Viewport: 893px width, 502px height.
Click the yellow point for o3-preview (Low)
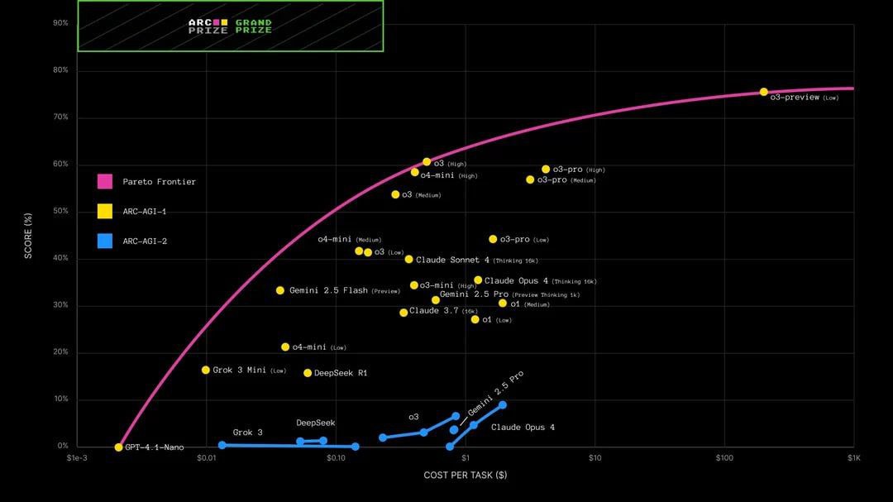pyautogui.click(x=763, y=92)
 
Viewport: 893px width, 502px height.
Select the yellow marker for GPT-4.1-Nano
pyautogui.click(x=118, y=447)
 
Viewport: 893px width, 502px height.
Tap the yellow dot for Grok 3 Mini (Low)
pyautogui.click(x=206, y=370)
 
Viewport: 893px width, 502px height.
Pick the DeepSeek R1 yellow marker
pyautogui.click(x=308, y=373)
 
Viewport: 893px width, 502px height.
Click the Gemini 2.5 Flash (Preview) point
pyautogui.click(x=280, y=290)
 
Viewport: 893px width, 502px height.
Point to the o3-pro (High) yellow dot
pyautogui.click(x=546, y=170)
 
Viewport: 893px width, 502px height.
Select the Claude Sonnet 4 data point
pyautogui.click(x=408, y=259)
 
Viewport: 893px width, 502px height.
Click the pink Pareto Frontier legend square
pyautogui.click(x=105, y=181)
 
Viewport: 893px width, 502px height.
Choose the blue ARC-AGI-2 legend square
pyautogui.click(x=105, y=241)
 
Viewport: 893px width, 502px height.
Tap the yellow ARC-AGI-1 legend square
pyautogui.click(x=105, y=211)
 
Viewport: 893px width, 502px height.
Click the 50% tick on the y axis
pyautogui.click(x=60, y=211)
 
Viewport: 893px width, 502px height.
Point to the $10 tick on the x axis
pyautogui.click(x=595, y=458)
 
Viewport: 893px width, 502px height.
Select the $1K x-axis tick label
pyautogui.click(x=853, y=458)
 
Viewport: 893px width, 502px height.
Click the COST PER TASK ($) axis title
pyautogui.click(x=466, y=475)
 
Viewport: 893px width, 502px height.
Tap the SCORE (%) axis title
pyautogui.click(x=28, y=236)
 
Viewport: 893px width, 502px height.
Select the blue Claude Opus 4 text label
pyautogui.click(x=523, y=428)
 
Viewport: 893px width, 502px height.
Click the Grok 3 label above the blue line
pyautogui.click(x=248, y=433)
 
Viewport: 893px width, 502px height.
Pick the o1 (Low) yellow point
pyautogui.click(x=475, y=319)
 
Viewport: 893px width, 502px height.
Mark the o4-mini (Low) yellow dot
pyautogui.click(x=285, y=347)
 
